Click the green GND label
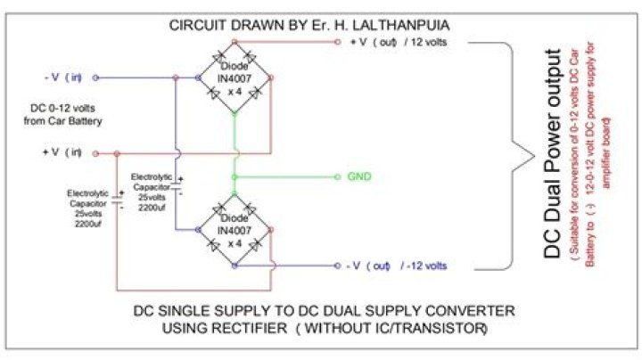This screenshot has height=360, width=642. click(359, 176)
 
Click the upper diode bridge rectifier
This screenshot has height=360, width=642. click(233, 77)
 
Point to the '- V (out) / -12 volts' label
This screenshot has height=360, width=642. click(397, 266)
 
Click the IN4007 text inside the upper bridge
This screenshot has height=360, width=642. click(234, 78)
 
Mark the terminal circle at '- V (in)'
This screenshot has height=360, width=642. click(95, 77)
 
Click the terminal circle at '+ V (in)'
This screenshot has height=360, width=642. click(95, 153)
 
